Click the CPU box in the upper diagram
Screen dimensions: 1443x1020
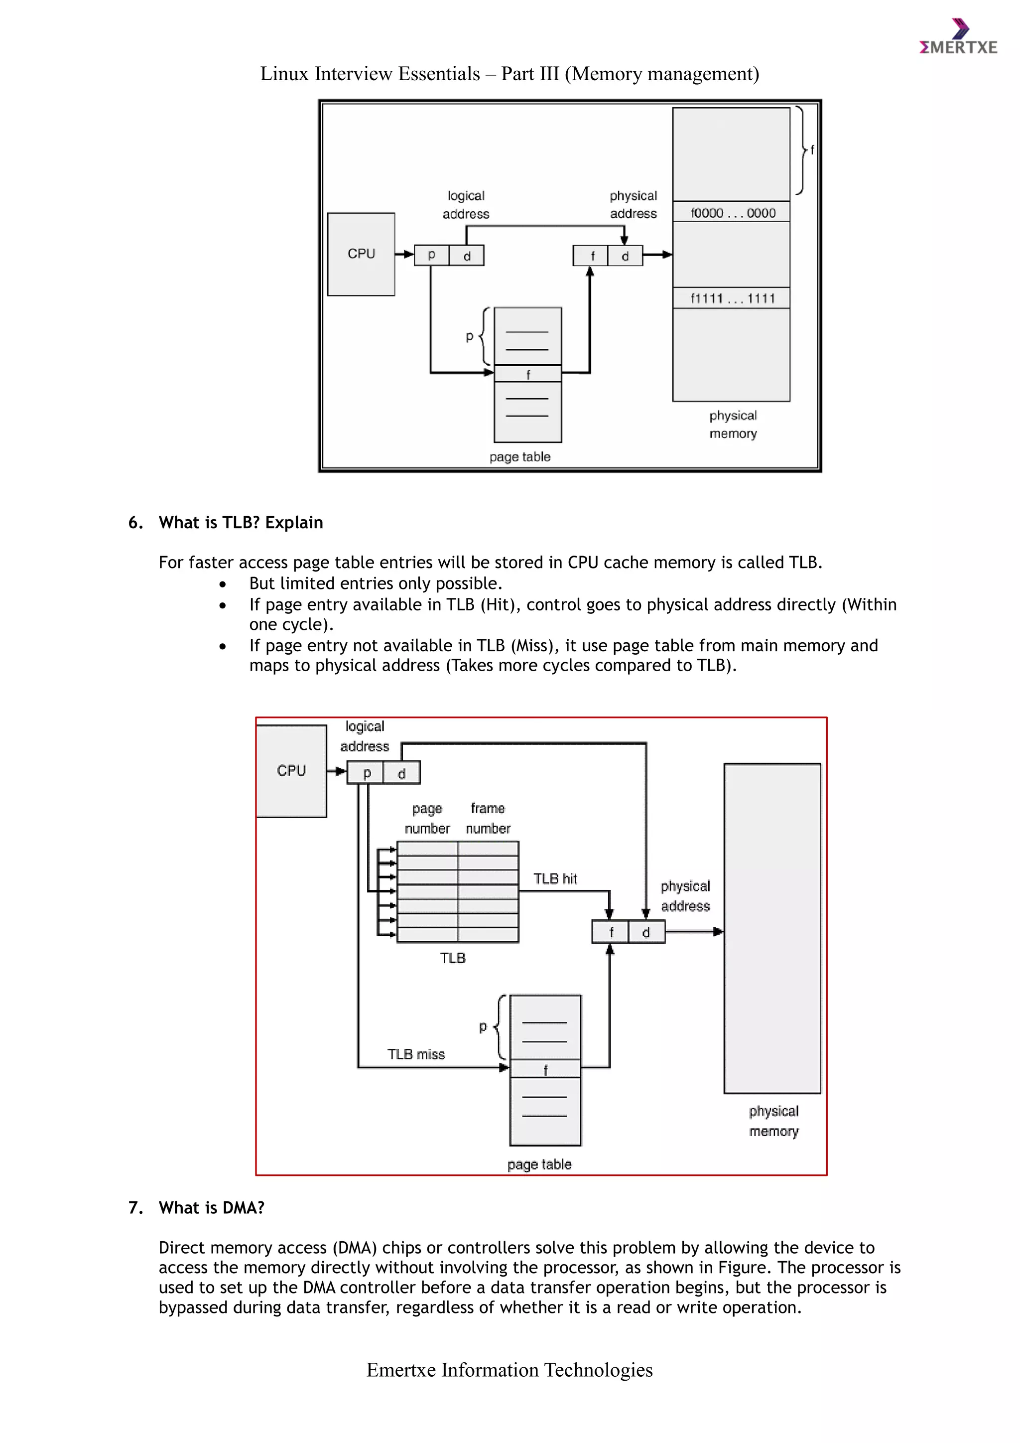point(361,254)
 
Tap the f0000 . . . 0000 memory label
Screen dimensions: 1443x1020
point(732,213)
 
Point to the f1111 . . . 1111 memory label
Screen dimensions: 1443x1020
point(732,298)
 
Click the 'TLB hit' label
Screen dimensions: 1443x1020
point(555,878)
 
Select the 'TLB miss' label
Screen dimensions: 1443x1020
point(416,1054)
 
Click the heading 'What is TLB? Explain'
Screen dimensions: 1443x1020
point(241,522)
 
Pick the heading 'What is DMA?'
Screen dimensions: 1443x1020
point(212,1207)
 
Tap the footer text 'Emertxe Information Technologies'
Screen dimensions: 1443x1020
point(510,1369)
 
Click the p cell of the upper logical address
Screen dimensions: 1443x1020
point(431,256)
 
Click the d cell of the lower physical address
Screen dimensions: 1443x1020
point(645,933)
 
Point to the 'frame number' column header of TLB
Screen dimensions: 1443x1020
point(488,818)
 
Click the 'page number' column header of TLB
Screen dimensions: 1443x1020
point(427,818)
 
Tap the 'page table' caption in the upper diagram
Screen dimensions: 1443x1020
point(520,457)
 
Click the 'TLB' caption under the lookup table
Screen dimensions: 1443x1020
point(453,958)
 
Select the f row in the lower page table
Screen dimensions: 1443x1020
point(545,1069)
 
